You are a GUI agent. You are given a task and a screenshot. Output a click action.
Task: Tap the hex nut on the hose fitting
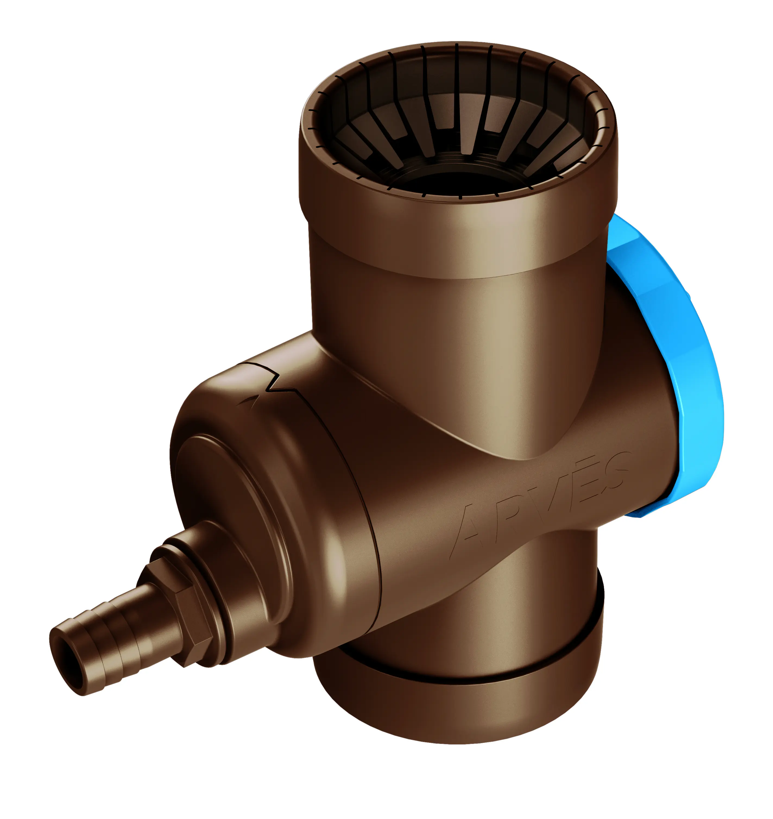pyautogui.click(x=181, y=610)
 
